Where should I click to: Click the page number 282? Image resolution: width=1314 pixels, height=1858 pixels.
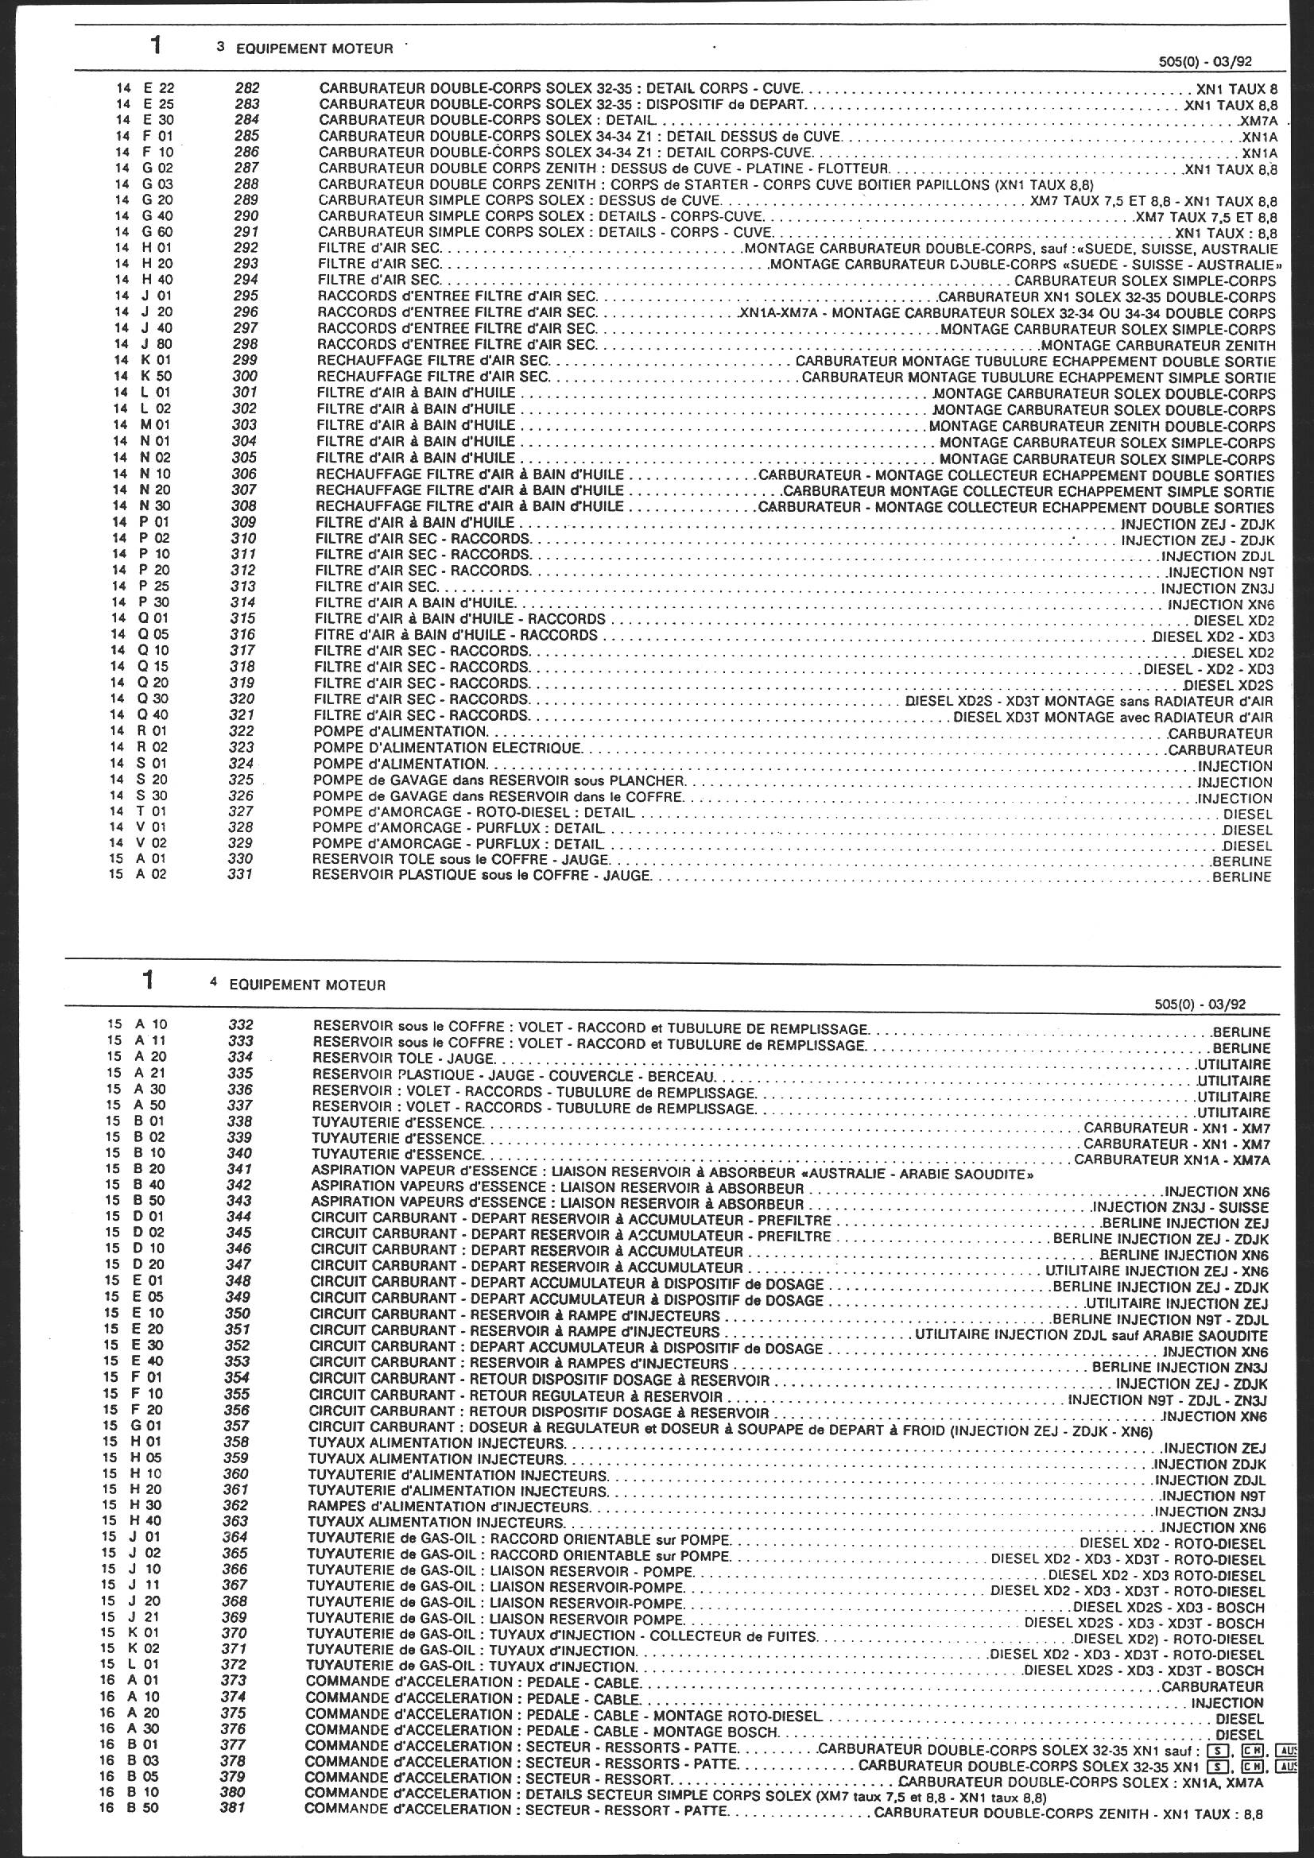tap(246, 88)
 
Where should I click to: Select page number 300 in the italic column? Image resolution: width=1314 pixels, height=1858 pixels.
tap(244, 377)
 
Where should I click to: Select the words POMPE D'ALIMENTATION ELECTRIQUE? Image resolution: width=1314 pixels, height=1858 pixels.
tap(447, 748)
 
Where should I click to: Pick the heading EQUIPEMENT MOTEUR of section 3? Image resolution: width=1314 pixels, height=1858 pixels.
tap(314, 48)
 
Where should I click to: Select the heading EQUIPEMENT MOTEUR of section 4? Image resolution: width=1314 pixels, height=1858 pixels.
tap(308, 985)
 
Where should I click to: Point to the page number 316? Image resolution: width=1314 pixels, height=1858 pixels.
tap(242, 635)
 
